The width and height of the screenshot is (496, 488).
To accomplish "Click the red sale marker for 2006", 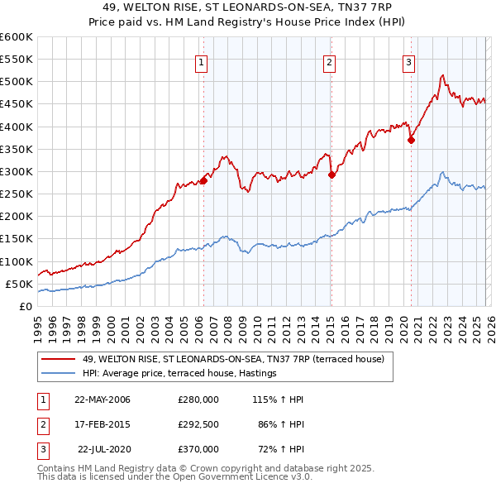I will click(203, 181).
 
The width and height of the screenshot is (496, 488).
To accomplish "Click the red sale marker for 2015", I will click(331, 175).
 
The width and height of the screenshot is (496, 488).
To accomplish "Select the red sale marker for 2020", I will click(411, 141).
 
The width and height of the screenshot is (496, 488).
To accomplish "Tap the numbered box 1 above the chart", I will click(203, 60).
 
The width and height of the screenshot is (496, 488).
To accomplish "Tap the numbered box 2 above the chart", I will click(329, 60).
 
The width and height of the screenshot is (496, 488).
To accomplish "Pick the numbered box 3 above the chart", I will click(408, 60).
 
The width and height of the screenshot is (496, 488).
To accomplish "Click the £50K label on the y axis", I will click(20, 284).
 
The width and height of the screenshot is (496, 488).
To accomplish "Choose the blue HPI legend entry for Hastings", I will click(179, 374).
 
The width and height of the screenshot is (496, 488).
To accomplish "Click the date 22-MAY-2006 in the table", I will click(103, 399).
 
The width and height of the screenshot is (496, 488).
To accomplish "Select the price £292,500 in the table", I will click(198, 424).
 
